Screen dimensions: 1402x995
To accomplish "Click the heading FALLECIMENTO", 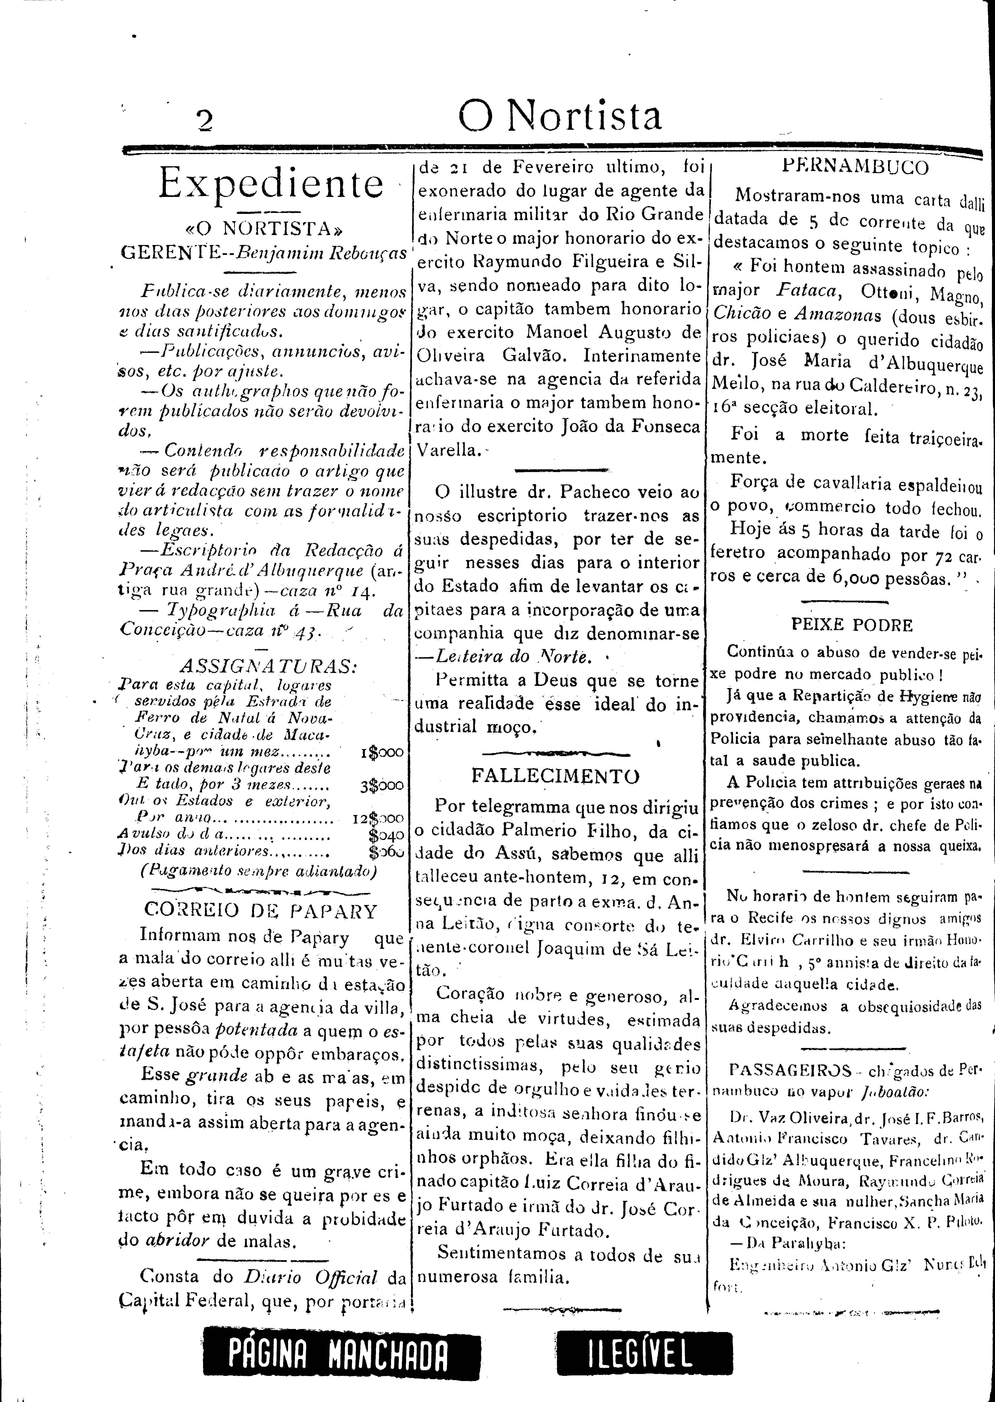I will [556, 776].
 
